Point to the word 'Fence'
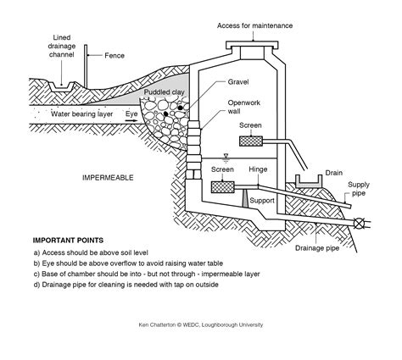(x=113, y=56)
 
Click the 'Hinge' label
(x=258, y=169)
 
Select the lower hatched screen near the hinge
(x=221, y=184)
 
